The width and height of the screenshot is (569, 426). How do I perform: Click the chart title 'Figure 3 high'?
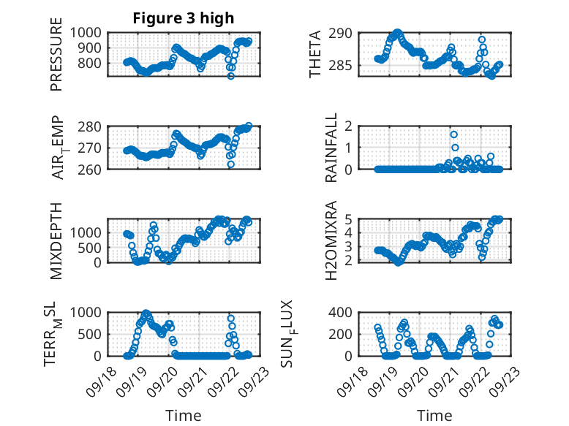click(183, 18)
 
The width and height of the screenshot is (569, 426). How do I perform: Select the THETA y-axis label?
click(315, 54)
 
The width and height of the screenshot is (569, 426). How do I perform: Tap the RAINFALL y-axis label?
click(331, 148)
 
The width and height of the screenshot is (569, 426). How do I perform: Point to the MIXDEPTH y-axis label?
click(56, 240)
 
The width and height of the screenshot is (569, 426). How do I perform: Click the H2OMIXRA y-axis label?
click(331, 240)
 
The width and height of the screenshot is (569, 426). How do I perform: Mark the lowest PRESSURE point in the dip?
click(231, 76)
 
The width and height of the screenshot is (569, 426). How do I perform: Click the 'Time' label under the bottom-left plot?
click(184, 416)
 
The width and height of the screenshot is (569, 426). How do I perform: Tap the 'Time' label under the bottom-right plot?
click(435, 416)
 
